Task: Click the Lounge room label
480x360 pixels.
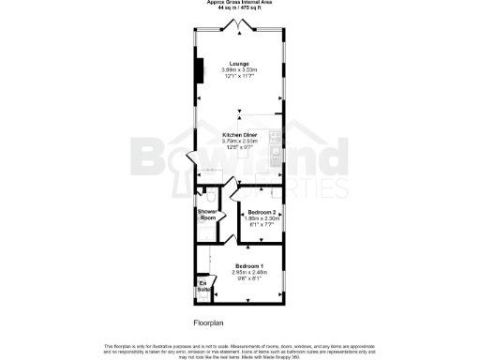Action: point(239,63)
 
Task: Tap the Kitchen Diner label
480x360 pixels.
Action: point(239,134)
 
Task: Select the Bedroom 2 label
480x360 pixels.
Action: point(262,212)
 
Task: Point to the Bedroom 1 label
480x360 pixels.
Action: point(248,266)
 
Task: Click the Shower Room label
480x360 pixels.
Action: point(207,215)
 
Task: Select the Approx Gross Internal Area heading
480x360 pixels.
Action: point(239,3)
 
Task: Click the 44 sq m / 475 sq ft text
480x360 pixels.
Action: point(239,8)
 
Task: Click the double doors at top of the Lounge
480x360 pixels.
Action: point(239,30)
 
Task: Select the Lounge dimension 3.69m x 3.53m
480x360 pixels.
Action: point(239,69)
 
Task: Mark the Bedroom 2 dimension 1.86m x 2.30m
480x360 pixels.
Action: point(262,218)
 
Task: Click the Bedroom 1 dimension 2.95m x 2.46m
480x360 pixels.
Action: point(248,273)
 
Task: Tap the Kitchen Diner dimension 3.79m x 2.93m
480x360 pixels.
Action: point(239,141)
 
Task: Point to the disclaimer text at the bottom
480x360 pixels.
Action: point(239,348)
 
